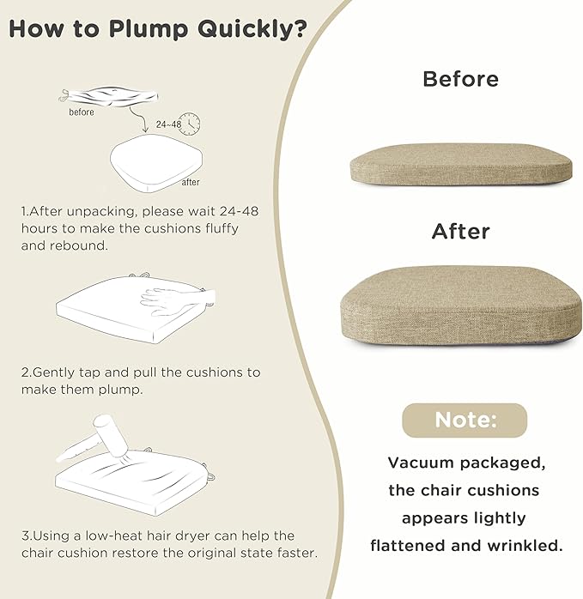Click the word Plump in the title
tap(149, 29)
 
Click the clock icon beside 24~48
tap(190, 124)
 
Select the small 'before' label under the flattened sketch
tap(82, 112)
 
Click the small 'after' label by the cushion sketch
tap(191, 182)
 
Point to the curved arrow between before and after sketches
tap(139, 119)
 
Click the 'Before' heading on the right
tap(461, 79)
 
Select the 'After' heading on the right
tap(461, 232)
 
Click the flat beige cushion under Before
tap(461, 164)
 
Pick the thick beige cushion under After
tap(461, 306)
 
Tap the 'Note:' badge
tap(465, 421)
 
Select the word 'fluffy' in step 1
tap(222, 228)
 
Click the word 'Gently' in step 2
tap(53, 372)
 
